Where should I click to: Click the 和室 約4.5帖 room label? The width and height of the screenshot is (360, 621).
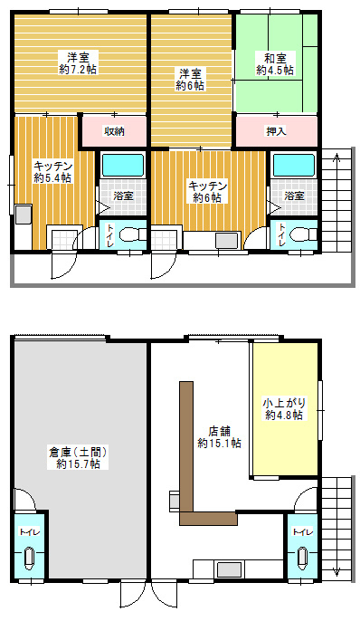click(x=275, y=64)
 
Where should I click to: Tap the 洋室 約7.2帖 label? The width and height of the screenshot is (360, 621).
click(x=78, y=63)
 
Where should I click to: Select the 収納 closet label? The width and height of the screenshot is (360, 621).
click(x=114, y=131)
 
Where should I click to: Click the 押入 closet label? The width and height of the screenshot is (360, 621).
click(x=276, y=131)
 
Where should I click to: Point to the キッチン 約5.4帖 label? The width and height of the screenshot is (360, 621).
click(x=52, y=171)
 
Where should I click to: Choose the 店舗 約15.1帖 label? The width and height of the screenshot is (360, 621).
click(x=220, y=437)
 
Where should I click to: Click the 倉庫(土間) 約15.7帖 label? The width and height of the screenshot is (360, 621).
click(x=78, y=457)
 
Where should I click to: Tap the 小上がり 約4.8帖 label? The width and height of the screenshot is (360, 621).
click(x=284, y=409)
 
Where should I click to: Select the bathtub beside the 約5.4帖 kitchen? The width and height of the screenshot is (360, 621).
click(x=123, y=165)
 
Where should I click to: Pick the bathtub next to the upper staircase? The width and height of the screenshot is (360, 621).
click(x=294, y=165)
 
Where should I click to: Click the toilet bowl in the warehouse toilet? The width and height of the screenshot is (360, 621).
click(x=29, y=558)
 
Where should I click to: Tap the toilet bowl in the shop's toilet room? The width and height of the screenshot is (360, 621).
click(x=302, y=558)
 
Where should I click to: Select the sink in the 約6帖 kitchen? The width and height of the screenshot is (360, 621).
click(x=227, y=241)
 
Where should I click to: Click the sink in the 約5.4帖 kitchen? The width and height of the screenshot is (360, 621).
click(x=24, y=215)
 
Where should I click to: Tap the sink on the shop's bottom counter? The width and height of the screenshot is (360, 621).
click(x=230, y=569)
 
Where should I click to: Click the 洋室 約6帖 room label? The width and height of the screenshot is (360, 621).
click(x=190, y=80)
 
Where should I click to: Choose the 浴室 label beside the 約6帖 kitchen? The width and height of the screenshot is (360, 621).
click(x=295, y=196)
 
